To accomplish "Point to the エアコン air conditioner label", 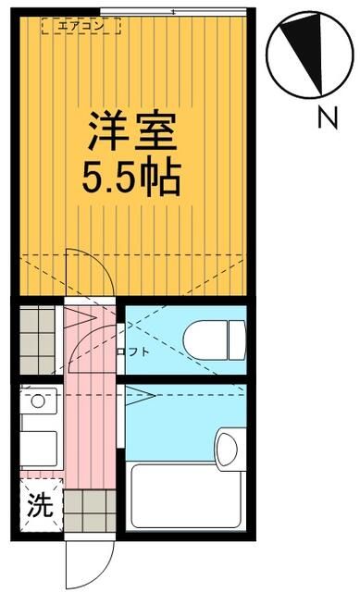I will tap(81, 27).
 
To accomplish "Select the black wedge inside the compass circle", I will tap(306, 56).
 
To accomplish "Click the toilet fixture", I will tap(214, 339).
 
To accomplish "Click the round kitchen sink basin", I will tap(38, 402).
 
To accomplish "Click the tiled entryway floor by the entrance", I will tap(90, 509).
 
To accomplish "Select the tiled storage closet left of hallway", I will tap(38, 339).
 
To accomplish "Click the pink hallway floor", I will tap(89, 416).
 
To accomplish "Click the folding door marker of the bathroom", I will tap(139, 398).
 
